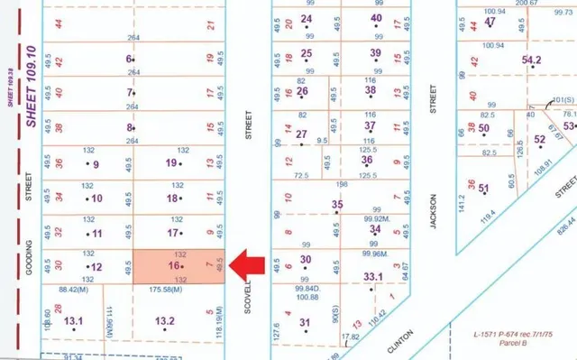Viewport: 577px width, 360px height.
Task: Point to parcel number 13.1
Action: pyautogui.click(x=73, y=320)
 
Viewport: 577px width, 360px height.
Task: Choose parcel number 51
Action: pyautogui.click(x=483, y=189)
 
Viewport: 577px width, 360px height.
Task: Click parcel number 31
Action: pyautogui.click(x=304, y=322)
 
